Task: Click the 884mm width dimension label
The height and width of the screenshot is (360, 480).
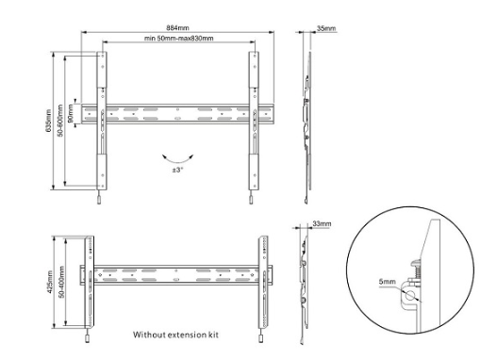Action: (177, 28)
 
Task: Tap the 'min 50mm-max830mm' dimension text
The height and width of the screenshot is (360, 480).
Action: (179, 39)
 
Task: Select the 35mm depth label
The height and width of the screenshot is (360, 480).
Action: (326, 28)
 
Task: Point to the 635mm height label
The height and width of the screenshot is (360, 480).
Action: (49, 121)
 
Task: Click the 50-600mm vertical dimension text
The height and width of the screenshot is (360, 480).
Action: (60, 121)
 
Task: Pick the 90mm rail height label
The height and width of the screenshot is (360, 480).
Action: (71, 113)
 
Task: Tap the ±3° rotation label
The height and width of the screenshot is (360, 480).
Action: (177, 170)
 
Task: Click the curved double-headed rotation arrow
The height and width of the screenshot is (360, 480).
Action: (177, 160)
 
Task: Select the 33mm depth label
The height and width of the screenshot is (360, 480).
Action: (322, 223)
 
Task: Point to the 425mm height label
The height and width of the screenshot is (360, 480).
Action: (50, 282)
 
